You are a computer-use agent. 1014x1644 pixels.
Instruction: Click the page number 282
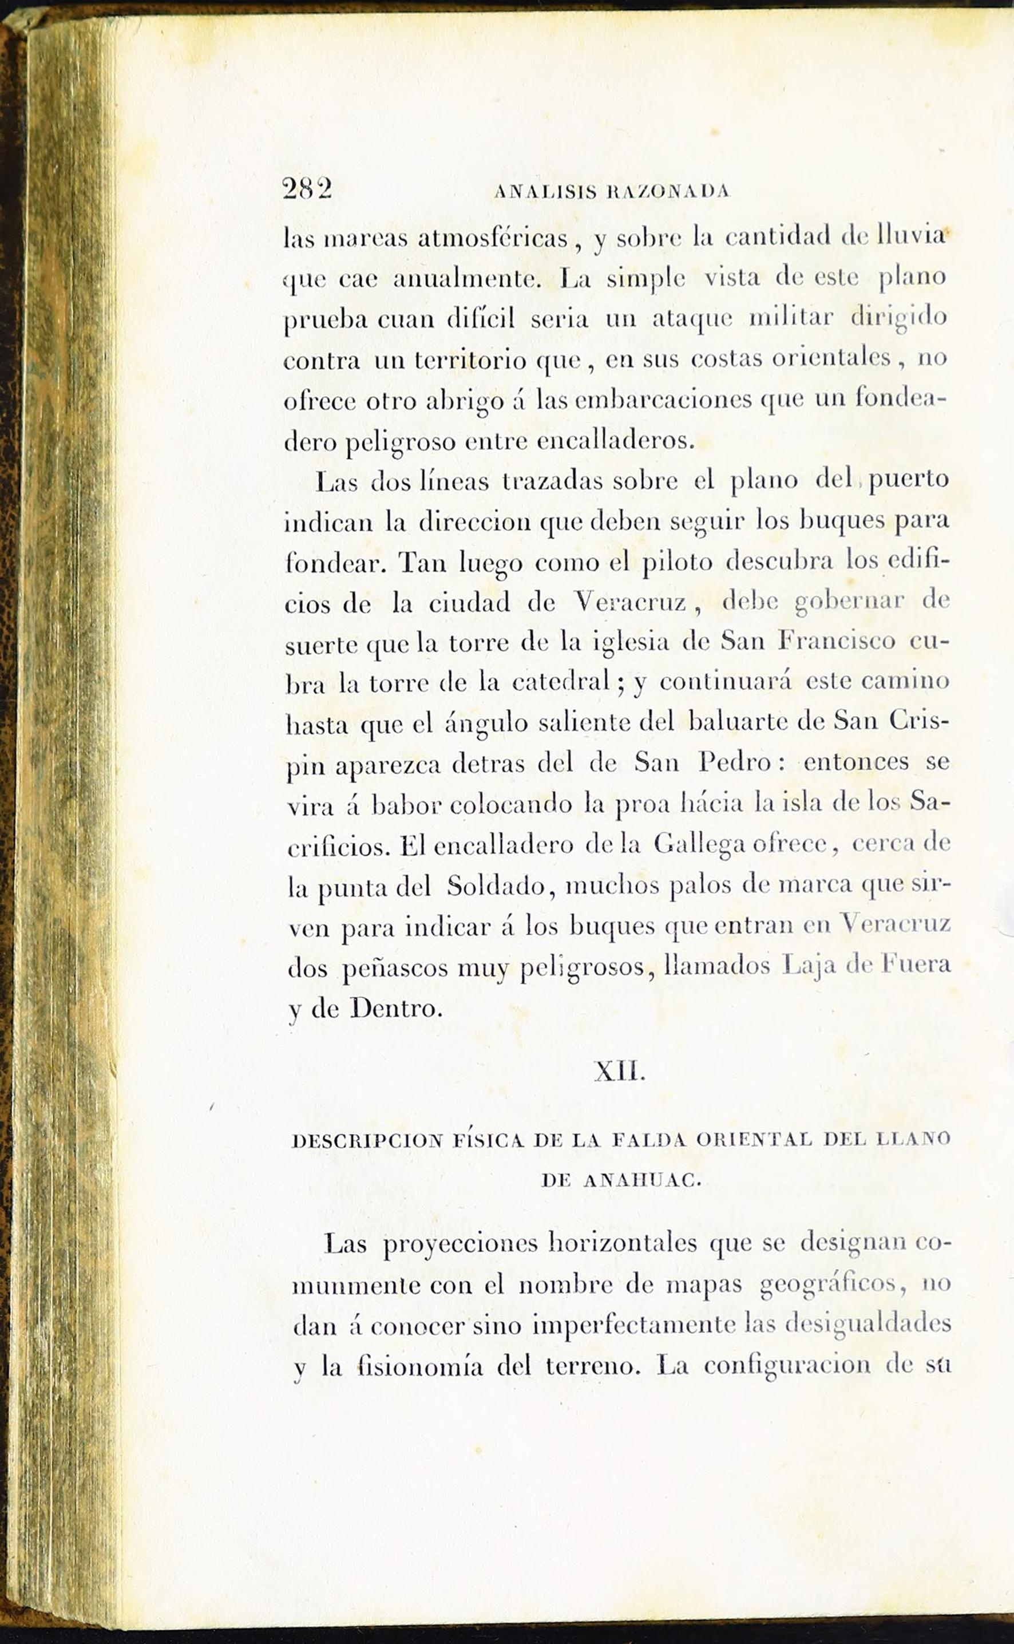[x=307, y=189]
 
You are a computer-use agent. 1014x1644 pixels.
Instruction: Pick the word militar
[x=791, y=317]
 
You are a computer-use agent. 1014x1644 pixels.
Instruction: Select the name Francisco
[x=836, y=641]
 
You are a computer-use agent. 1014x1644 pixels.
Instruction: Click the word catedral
[x=561, y=682]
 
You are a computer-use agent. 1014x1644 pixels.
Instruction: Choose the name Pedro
[x=734, y=762]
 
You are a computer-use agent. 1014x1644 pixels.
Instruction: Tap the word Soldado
[x=496, y=886]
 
